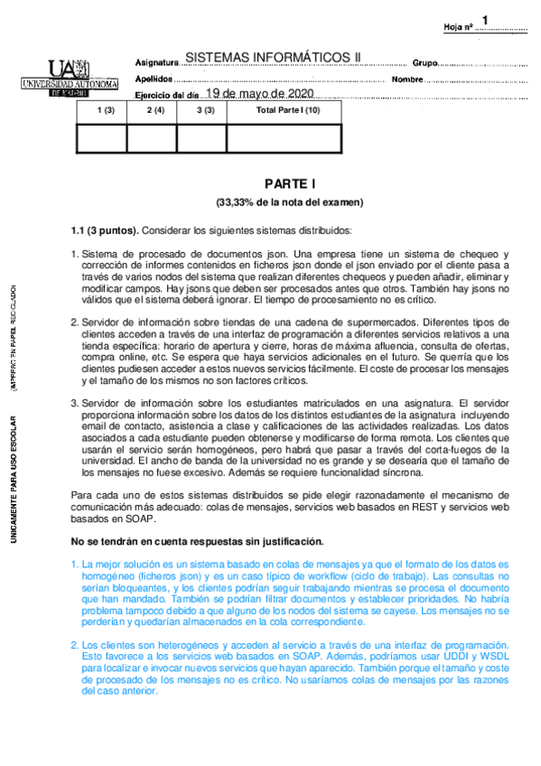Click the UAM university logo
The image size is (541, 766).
point(70,78)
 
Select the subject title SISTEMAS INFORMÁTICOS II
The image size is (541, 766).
point(271,57)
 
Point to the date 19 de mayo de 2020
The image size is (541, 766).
point(259,93)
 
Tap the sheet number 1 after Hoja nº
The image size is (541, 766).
point(486,20)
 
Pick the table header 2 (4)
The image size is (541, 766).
point(154,110)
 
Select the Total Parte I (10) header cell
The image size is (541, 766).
point(288,110)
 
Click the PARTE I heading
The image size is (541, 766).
point(288,182)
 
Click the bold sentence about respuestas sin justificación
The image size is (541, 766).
point(197,541)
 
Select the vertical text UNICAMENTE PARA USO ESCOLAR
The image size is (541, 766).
point(14,479)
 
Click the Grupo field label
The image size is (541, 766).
point(424,63)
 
